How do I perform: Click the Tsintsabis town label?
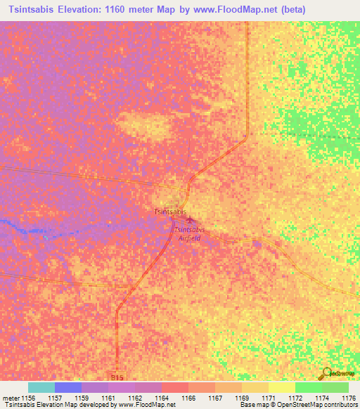coord(170,211)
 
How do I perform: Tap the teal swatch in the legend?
coord(41,387)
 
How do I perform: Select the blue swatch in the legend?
coord(68,387)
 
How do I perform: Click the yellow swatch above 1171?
coord(282,387)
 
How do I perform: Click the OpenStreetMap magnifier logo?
coord(326,375)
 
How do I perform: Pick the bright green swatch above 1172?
coord(309,387)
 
